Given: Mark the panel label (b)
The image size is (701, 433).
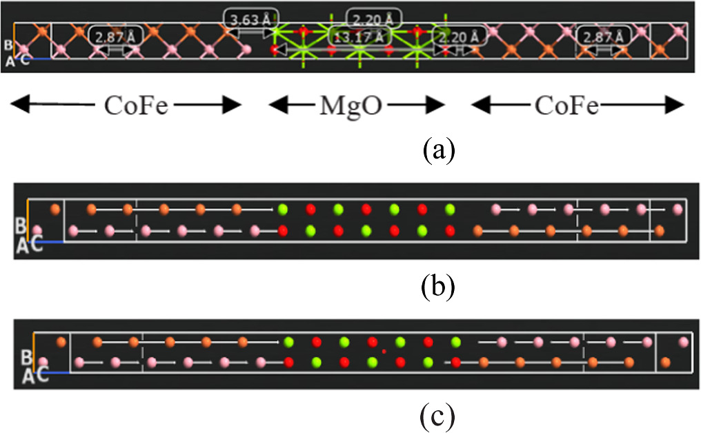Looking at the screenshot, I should [x=437, y=286].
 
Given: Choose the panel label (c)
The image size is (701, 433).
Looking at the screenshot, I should [x=437, y=416].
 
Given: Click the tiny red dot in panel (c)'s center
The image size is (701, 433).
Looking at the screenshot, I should [x=384, y=352].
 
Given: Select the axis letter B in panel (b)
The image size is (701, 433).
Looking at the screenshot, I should [x=21, y=225].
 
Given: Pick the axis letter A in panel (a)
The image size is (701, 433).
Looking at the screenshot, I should [x=10, y=61].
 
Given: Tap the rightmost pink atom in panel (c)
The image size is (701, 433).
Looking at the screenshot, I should [x=683, y=342].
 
